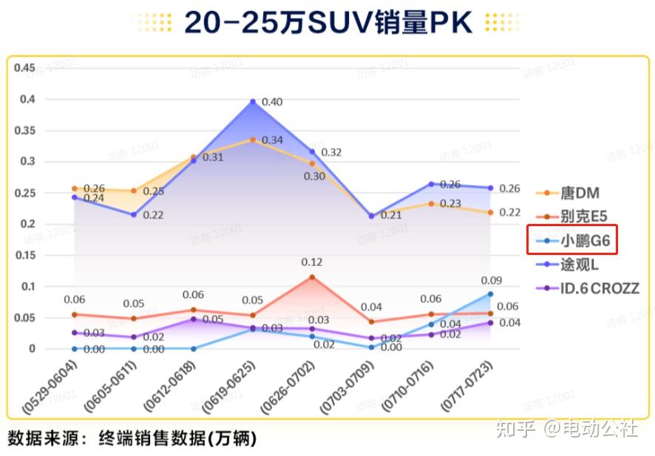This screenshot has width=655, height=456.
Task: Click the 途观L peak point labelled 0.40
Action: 253,102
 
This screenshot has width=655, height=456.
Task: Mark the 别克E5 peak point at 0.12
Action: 312,277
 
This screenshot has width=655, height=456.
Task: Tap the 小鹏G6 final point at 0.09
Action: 490,294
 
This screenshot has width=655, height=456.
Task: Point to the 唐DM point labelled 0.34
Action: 253,140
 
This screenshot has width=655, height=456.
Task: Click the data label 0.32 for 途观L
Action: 331,152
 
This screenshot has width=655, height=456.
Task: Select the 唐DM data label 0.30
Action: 314,177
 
